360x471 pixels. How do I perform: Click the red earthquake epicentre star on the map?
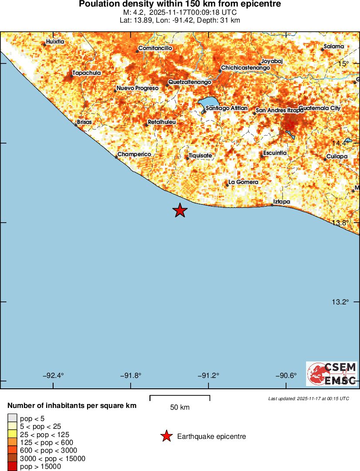click(x=180, y=210)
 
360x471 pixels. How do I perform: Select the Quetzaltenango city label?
click(x=190, y=82)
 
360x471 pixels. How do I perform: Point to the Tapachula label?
click(x=87, y=73)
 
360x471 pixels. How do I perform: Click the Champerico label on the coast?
click(x=135, y=154)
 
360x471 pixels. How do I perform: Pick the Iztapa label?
click(x=281, y=202)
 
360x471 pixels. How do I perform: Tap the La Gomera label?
click(x=244, y=182)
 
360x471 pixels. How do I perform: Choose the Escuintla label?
click(x=275, y=153)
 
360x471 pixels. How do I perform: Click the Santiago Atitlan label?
click(x=226, y=108)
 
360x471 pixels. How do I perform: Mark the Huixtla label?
click(x=55, y=42)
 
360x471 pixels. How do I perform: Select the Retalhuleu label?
click(x=162, y=122)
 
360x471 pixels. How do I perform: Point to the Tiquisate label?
click(x=201, y=155)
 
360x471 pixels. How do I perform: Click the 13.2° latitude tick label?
click(x=341, y=302)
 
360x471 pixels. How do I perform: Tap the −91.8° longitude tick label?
click(x=130, y=376)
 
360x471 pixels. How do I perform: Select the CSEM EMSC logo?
click(x=332, y=374)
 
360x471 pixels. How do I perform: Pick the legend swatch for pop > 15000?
click(x=12, y=467)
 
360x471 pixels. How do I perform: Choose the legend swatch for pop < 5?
click(x=12, y=418)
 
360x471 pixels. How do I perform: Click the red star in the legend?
click(x=166, y=436)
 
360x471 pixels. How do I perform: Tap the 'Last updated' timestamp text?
click(x=308, y=398)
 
